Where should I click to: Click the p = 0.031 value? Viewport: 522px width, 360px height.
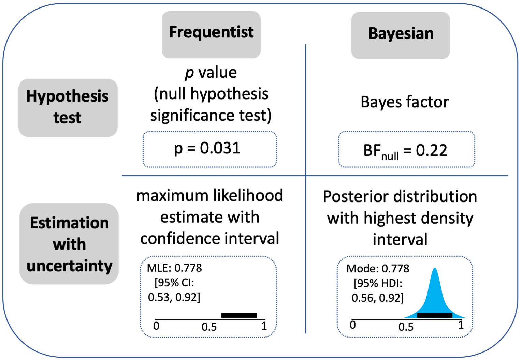(x=207, y=148)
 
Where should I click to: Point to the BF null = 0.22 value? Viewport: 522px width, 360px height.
(x=405, y=151)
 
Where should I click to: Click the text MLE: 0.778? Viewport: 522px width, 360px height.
(x=174, y=268)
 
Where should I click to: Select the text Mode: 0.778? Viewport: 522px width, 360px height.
(x=378, y=269)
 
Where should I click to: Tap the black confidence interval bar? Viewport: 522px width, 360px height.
(x=239, y=316)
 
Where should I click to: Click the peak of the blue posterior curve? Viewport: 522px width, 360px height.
(x=435, y=268)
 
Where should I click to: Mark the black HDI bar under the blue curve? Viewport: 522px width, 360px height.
(x=435, y=316)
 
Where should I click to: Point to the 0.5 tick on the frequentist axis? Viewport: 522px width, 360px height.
(x=209, y=327)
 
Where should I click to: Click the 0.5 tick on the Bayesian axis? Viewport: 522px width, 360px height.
(x=406, y=327)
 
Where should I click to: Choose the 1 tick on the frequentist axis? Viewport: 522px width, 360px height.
(x=264, y=326)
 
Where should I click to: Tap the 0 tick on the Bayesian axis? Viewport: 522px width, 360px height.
(x=353, y=325)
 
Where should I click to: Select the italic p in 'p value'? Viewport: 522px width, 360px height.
(x=189, y=73)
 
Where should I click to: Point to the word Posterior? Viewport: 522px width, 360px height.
(x=356, y=196)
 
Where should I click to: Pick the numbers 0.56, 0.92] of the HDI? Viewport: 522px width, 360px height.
(x=378, y=298)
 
